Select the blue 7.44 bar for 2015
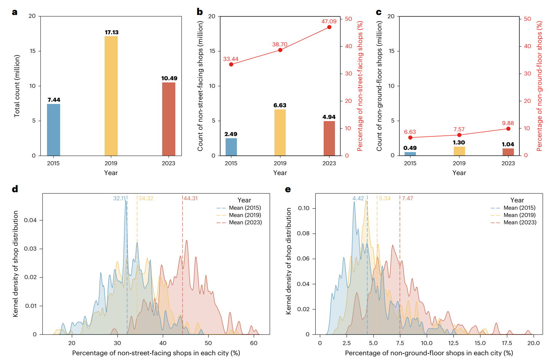click(x=54, y=130)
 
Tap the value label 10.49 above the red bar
click(x=169, y=78)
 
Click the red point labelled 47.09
click(x=329, y=27)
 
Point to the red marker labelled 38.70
click(x=280, y=50)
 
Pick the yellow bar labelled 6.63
click(x=280, y=132)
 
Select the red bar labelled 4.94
click(x=329, y=138)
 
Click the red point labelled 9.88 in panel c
click(x=508, y=129)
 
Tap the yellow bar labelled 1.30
click(x=459, y=151)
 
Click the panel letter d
click(x=15, y=189)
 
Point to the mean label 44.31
click(x=191, y=198)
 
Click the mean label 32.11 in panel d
click(x=119, y=198)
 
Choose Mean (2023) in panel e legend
click(x=520, y=222)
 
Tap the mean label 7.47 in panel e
click(x=407, y=198)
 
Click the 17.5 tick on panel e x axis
click(x=507, y=343)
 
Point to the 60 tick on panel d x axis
click(x=254, y=343)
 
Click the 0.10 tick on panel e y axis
click(x=303, y=208)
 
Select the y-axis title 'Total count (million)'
click(x=17, y=86)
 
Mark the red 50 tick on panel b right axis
click(x=348, y=19)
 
